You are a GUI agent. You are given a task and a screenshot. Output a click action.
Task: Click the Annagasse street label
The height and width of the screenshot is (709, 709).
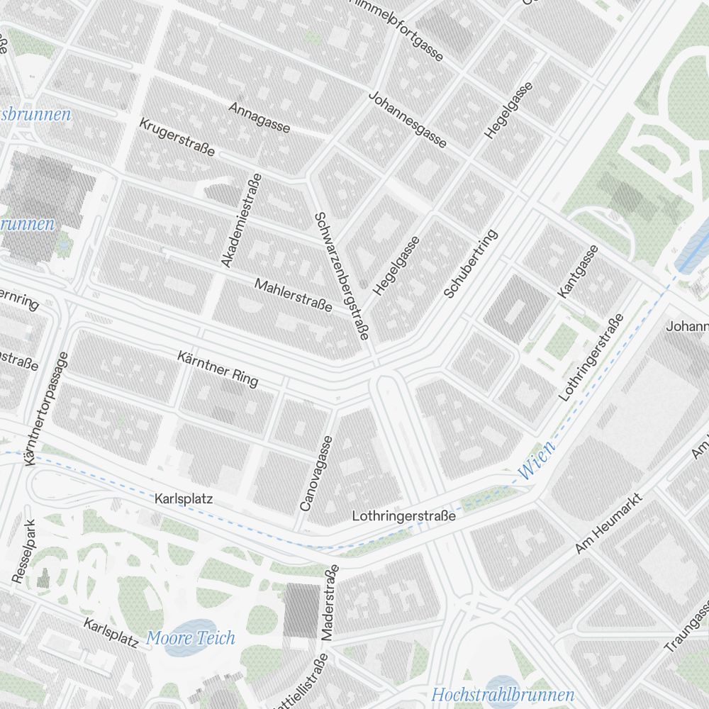(x=260, y=117)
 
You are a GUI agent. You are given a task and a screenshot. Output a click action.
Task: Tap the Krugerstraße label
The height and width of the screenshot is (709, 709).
(x=177, y=136)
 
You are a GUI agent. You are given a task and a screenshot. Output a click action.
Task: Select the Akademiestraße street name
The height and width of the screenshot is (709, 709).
(x=241, y=220)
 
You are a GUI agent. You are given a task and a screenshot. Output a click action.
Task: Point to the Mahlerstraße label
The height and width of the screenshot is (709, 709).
(x=293, y=295)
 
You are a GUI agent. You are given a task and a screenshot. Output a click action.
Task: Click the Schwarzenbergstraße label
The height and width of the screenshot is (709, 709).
(x=342, y=277)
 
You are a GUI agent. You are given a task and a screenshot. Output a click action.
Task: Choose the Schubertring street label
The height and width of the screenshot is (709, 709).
(x=471, y=263)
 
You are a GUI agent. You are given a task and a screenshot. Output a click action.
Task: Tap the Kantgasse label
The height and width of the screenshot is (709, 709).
(x=578, y=271)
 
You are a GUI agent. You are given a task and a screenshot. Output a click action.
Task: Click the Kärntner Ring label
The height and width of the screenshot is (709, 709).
(x=218, y=369)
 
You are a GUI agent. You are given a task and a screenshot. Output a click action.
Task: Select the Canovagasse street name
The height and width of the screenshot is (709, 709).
(x=316, y=473)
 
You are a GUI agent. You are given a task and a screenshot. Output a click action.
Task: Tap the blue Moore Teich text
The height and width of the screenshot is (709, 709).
(x=190, y=638)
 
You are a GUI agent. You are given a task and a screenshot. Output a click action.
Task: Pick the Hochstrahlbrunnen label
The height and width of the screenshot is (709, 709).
(x=502, y=694)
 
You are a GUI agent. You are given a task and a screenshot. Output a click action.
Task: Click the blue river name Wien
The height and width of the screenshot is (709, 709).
(x=537, y=462)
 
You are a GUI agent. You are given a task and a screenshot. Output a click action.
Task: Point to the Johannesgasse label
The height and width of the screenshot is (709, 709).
(x=408, y=120)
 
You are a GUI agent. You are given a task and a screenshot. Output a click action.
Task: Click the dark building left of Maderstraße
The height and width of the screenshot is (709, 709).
(x=302, y=608)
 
